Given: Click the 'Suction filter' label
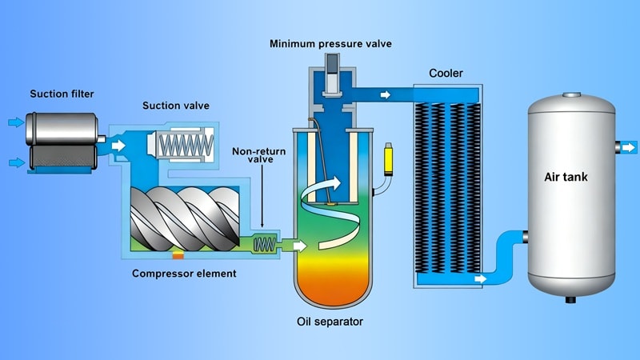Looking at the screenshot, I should point(62,94).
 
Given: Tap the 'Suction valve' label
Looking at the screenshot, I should point(173,106).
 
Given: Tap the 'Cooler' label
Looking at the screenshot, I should point(446,74).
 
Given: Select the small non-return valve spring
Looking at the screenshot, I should point(264,243).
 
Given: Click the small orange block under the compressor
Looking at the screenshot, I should point(178,256).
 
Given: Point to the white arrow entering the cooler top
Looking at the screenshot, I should point(386,95).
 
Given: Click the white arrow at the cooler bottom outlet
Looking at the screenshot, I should point(479,279).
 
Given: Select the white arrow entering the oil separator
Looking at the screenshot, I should point(298,244).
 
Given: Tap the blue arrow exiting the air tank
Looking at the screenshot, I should point(629,146).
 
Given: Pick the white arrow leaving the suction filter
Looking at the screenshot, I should point(119,146).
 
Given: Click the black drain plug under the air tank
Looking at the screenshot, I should point(571,300).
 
